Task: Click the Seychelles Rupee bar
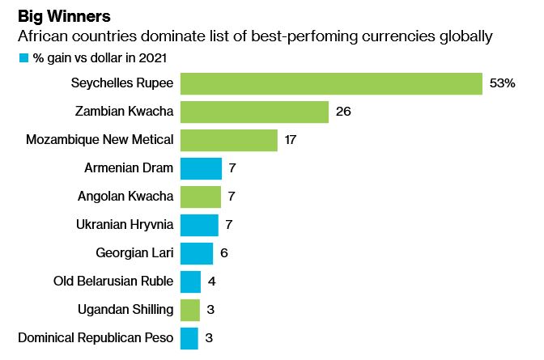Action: coord(331,83)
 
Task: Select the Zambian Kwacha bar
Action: coord(254,112)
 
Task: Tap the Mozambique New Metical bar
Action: coord(228,140)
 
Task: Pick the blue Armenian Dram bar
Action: coord(201,168)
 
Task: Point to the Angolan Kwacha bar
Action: coord(200,197)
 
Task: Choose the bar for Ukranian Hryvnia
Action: coord(199,225)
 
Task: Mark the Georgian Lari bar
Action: coord(196,253)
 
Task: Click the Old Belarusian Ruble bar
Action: coord(190,282)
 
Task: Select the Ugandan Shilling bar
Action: coord(189,310)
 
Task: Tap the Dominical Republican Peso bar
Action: coord(189,338)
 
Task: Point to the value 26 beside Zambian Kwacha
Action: coord(342,112)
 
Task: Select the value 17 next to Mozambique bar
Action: coord(291,140)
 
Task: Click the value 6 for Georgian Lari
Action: coord(223,253)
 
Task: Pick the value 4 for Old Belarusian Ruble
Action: coord(211,282)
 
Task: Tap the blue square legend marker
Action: coord(23,58)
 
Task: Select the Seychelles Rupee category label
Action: coord(121,83)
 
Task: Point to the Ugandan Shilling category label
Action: coord(125,310)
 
